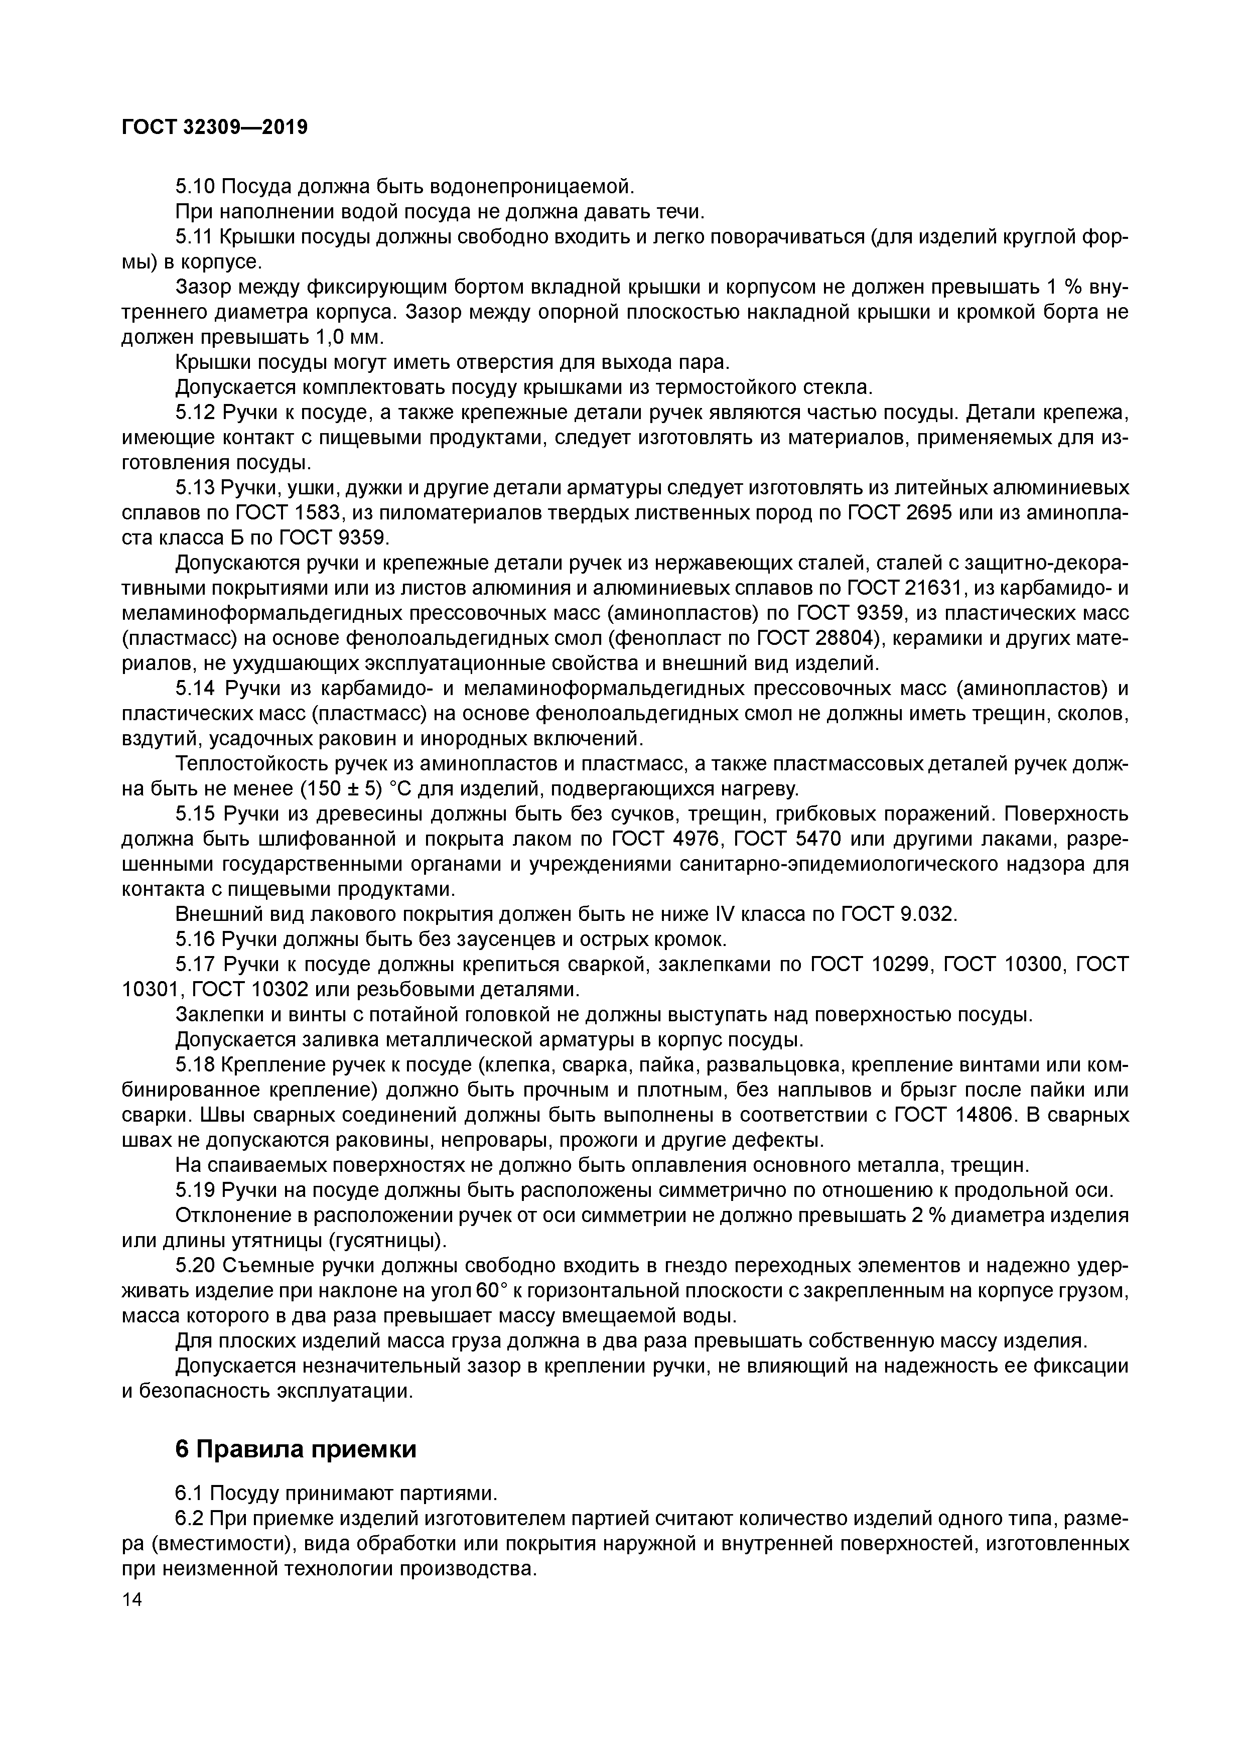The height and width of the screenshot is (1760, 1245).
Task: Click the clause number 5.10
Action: pyautogui.click(x=196, y=186)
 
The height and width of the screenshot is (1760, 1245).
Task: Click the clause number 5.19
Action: pyautogui.click(x=196, y=1190)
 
